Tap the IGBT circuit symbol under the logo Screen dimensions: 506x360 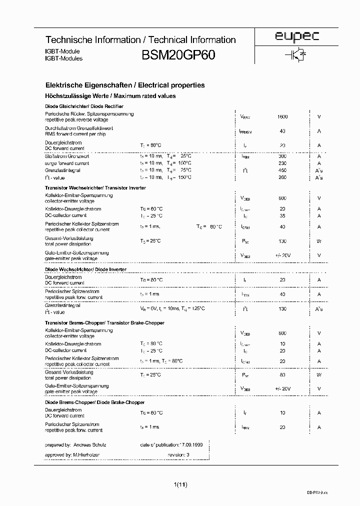pos(295,56)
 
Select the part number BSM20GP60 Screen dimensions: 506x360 pos(178,55)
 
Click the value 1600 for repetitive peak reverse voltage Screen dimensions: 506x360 pos(282,116)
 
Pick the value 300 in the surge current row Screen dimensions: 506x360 pos(282,156)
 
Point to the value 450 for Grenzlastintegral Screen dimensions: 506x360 pos(282,170)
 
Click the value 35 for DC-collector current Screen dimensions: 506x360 pos(282,215)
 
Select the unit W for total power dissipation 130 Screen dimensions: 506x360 pos(319,241)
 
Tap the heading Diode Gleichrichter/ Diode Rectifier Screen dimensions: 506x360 pos(77,106)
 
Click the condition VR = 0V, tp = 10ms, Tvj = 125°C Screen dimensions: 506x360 pos(172,308)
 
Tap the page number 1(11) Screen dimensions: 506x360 pos(180,484)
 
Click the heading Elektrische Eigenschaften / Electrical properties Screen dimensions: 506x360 pos(125,85)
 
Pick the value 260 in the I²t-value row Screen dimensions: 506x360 pos(282,177)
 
